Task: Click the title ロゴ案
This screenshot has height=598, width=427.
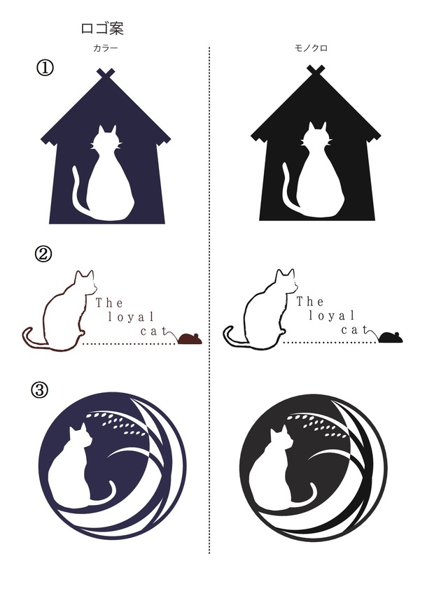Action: click(102, 28)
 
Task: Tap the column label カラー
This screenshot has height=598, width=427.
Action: click(105, 48)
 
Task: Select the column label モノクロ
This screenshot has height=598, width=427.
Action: click(311, 48)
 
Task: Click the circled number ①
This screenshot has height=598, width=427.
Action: click(45, 68)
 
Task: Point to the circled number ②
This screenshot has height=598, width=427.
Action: click(43, 254)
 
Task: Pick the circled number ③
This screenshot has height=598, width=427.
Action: click(40, 390)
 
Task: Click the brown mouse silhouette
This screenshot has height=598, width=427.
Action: click(190, 339)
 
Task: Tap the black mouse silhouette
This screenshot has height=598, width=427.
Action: click(391, 337)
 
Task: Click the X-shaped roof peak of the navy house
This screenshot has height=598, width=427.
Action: click(106, 73)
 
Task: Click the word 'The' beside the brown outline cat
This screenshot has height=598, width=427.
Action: click(109, 303)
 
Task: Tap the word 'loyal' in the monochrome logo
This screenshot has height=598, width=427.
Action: click(332, 315)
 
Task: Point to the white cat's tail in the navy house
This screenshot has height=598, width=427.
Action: click(78, 191)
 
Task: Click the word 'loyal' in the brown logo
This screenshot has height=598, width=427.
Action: click(131, 317)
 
